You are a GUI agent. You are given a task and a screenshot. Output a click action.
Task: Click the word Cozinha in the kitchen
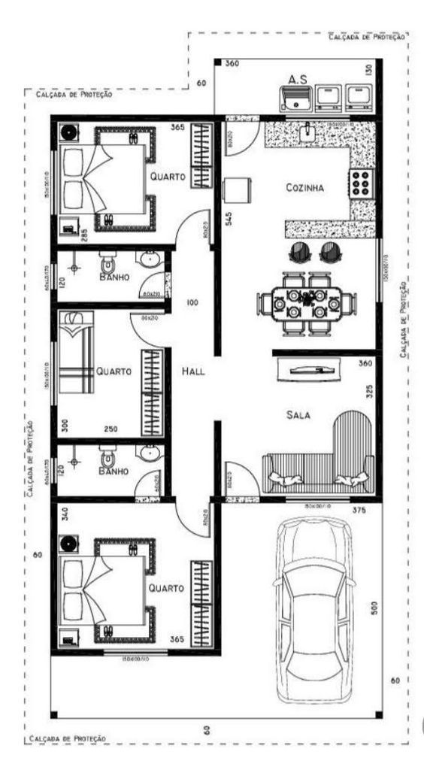tap(304, 189)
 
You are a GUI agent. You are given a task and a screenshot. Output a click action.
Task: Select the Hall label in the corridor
tap(194, 371)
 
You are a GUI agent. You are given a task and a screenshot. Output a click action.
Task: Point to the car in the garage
tap(313, 609)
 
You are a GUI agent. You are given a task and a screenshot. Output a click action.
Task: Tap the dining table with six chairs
tap(306, 299)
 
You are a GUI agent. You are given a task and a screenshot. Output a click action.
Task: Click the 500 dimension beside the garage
tap(374, 607)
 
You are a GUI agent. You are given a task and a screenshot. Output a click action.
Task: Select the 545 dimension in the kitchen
tap(227, 220)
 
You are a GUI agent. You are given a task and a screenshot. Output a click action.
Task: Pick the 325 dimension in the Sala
tap(368, 392)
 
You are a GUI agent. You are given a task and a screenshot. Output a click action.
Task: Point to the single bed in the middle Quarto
tap(77, 353)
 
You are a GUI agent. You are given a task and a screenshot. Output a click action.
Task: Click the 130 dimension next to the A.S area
tap(368, 71)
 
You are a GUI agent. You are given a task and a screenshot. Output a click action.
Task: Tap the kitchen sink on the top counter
tap(308, 132)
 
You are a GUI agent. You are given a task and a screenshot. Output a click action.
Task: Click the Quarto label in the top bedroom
tap(167, 177)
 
